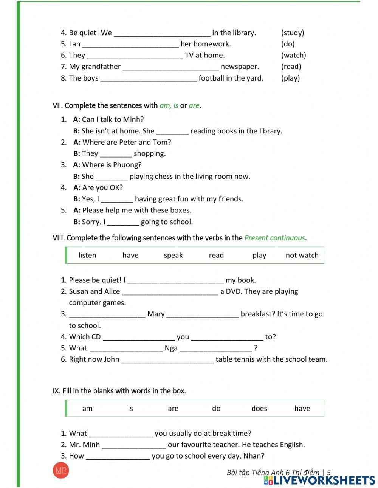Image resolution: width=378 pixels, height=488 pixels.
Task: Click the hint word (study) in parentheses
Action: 293,33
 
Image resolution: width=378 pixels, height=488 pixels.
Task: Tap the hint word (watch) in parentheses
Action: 294,56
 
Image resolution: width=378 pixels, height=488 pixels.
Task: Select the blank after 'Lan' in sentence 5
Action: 130,45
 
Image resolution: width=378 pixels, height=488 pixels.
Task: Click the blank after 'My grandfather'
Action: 171,67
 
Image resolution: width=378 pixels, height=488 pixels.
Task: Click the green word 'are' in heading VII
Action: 194,106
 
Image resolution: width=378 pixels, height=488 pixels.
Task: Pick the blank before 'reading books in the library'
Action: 172,132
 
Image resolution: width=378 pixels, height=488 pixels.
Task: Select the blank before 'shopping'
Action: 116,154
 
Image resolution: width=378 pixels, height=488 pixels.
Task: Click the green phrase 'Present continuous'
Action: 275,238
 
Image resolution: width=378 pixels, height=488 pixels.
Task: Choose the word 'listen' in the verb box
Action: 87,256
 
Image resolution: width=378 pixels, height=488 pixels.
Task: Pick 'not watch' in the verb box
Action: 302,256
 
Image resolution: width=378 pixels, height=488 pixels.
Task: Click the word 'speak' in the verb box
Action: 174,256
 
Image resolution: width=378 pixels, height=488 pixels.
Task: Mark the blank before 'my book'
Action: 176,281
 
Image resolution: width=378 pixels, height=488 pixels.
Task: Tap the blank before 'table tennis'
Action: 167,360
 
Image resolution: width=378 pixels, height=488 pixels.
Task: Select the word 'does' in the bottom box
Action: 259,409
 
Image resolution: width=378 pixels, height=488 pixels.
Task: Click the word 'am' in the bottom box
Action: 87,409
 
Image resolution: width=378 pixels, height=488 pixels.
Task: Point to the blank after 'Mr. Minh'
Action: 134,445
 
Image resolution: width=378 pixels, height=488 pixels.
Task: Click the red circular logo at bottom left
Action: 61,471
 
